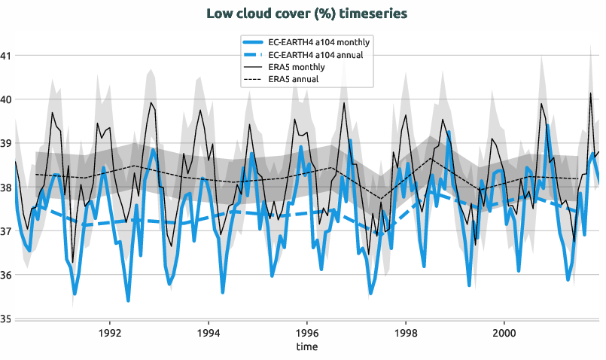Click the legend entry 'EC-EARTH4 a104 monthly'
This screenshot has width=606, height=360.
[319, 42]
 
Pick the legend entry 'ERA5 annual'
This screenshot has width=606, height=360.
[294, 78]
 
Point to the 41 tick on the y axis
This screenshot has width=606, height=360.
[6, 55]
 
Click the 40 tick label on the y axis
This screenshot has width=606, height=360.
[6, 99]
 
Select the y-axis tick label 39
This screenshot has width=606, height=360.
[6, 143]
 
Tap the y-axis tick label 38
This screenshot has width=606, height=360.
[6, 188]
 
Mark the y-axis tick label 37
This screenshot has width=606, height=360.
[6, 231]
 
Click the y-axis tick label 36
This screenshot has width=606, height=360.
[6, 275]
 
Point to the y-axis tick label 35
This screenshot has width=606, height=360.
[6, 319]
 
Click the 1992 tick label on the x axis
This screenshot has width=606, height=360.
[110, 333]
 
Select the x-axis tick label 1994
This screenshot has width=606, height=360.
[209, 333]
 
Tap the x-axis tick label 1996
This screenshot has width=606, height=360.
[307, 333]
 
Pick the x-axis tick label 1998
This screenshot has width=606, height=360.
[405, 333]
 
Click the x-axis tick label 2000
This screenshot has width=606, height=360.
[504, 333]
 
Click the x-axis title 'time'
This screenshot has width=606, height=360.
[306, 347]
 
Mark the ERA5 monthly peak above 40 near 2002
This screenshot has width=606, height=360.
[591, 93]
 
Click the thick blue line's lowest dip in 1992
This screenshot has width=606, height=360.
[128, 301]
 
